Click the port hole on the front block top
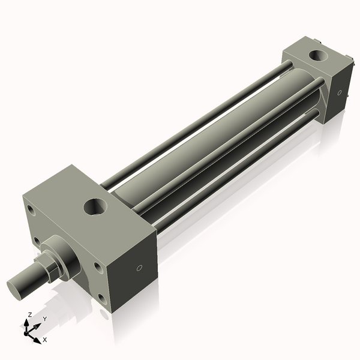point(95,207)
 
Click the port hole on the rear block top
point(316,58)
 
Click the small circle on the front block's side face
point(140,268)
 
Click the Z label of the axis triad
point(30,314)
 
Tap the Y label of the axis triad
point(44,319)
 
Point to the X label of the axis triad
point(44,340)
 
